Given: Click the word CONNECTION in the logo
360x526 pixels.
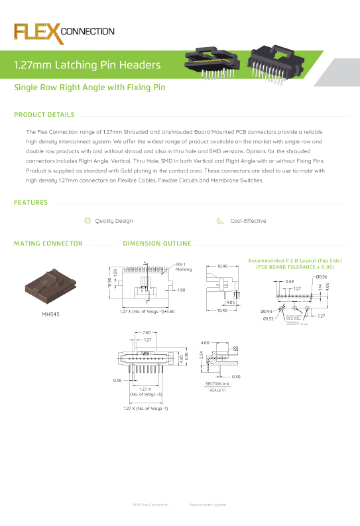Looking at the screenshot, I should tap(88, 31).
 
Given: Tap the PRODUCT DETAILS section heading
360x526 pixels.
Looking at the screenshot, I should tap(44, 115).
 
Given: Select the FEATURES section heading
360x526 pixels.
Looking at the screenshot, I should tap(30, 202).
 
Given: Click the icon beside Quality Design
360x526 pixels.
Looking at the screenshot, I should tap(88, 221).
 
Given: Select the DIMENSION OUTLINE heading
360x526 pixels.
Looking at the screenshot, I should tap(157, 243).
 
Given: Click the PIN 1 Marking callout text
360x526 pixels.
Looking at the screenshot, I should tap(184, 267).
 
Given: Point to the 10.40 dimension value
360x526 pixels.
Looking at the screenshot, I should tap(222, 310).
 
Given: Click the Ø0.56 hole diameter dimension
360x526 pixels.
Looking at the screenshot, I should tap(322, 277).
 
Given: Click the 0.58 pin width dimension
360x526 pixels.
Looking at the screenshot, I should tap(117, 381).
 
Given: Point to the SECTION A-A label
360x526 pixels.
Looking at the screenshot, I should tap(217, 384).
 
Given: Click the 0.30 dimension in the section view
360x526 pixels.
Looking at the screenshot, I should tap(237, 377).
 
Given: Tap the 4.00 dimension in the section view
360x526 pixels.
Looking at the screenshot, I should tap(205, 343).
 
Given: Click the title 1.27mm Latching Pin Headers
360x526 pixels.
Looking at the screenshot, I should tap(88, 65).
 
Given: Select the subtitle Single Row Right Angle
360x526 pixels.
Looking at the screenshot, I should tap(90, 88).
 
